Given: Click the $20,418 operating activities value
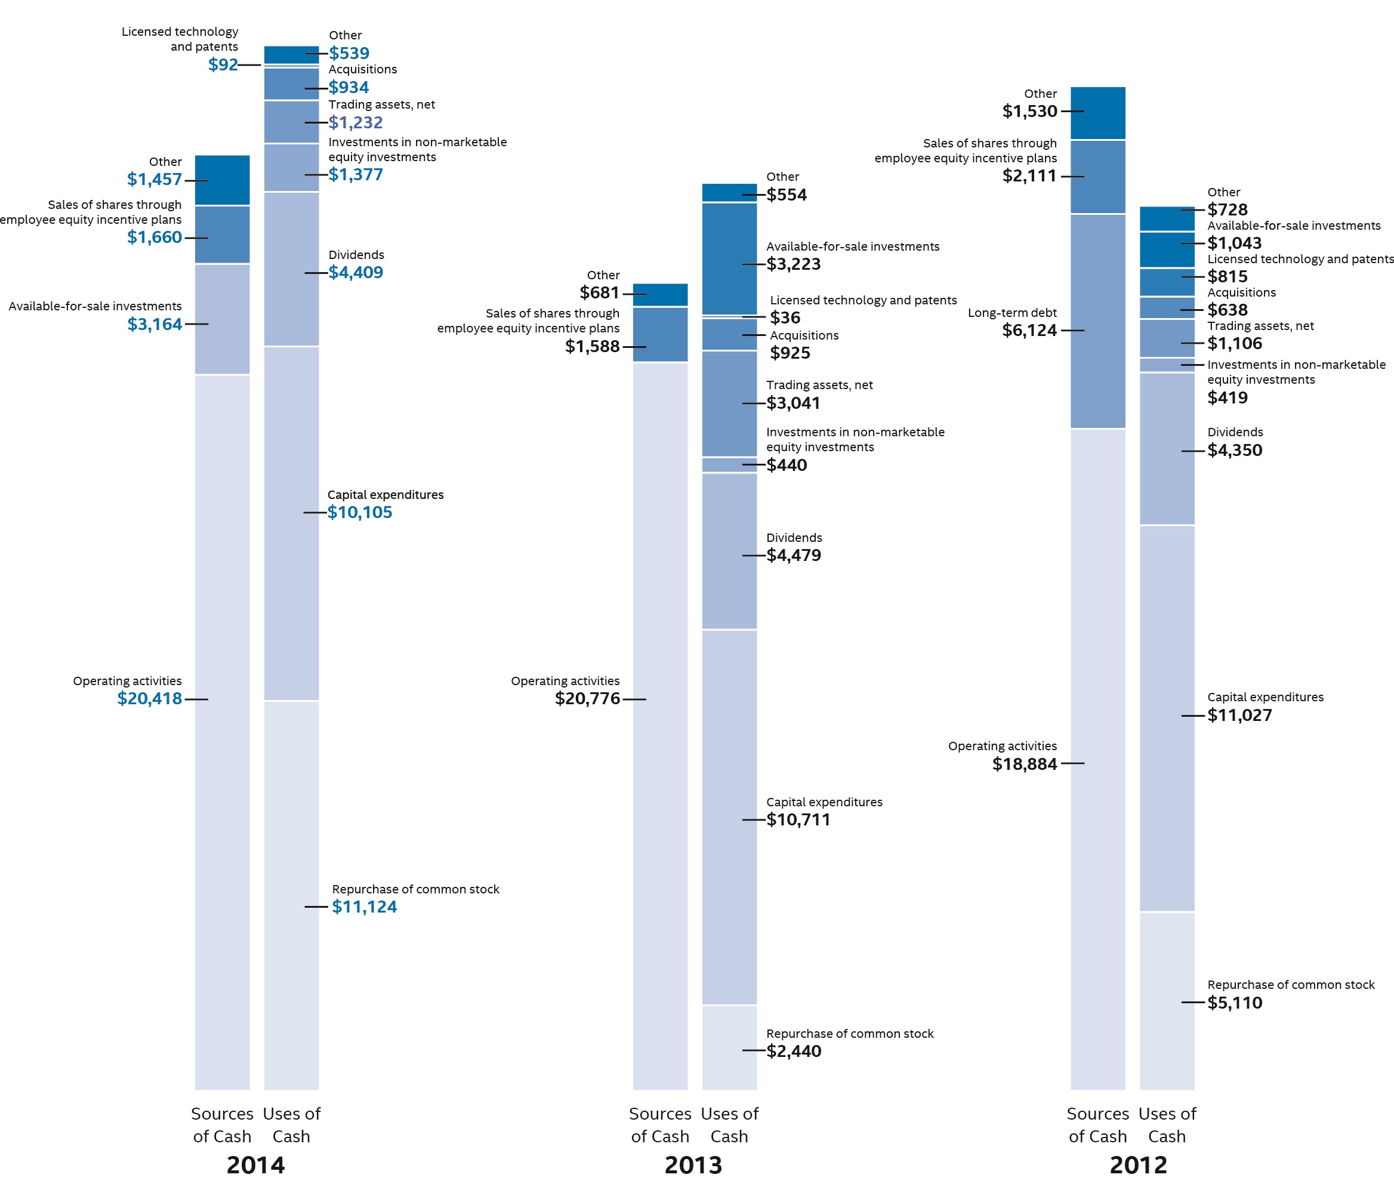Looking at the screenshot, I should coord(149,699).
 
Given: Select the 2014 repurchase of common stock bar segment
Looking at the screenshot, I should coord(291,895).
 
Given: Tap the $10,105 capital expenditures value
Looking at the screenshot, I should coord(359,513).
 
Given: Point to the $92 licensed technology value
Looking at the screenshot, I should coord(223,64).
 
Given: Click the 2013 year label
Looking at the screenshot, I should coord(693,1165).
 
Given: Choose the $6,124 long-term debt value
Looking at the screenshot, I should coord(1029,330).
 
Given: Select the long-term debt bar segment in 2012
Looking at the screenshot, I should coord(1097,322).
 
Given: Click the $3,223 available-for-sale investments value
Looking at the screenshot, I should coord(793,264).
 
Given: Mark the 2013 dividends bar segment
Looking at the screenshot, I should coord(729,551).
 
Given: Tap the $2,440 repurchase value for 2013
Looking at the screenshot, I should coord(793,1052).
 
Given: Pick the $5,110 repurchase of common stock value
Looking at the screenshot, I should coord(1235,1003).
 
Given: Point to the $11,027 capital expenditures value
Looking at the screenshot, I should coord(1239,715).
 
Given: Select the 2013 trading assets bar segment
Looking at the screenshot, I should coord(729,403).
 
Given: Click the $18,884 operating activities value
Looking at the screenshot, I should coord(1025,764).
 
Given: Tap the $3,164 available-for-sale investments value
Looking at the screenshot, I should coord(155,324).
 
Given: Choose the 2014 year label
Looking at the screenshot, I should coord(255,1165).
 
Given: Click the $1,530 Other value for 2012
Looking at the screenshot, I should coord(1029,111).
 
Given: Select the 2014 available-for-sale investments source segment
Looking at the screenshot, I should coord(222,319).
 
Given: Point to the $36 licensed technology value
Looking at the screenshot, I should coord(785,318).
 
